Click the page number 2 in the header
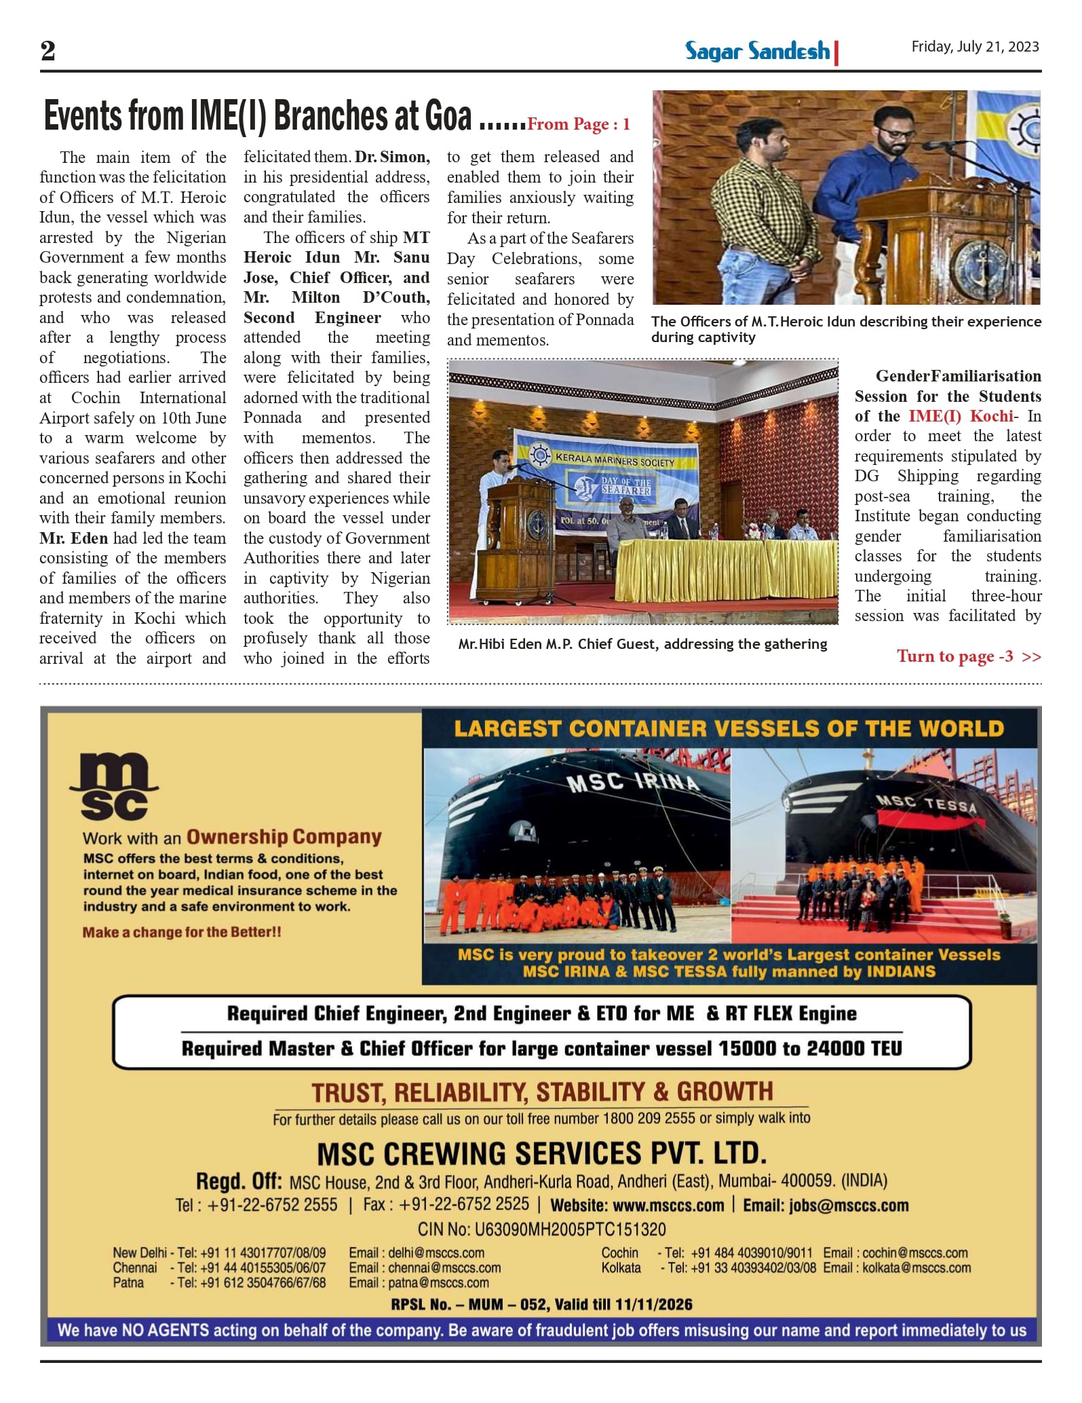pyautogui.click(x=47, y=51)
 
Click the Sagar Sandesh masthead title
pyautogui.click(x=757, y=52)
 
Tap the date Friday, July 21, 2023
pyautogui.click(x=975, y=47)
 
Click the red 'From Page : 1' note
pyautogui.click(x=579, y=124)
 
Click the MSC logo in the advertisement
pyautogui.click(x=113, y=787)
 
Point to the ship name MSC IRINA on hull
pyautogui.click(x=633, y=782)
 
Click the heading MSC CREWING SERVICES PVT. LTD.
pyautogui.click(x=541, y=1153)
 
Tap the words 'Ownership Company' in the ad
pyautogui.click(x=284, y=837)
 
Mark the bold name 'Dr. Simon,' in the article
pyautogui.click(x=392, y=157)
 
